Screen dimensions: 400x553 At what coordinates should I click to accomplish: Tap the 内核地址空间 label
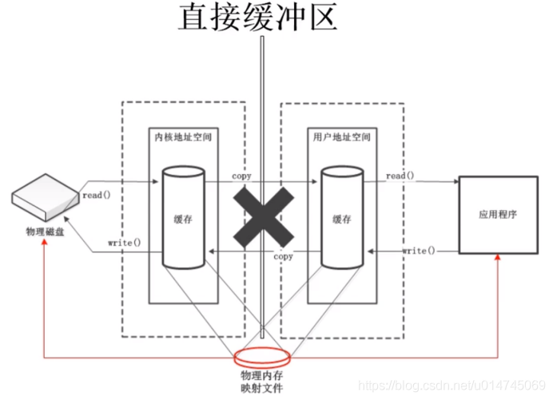pyautogui.click(x=184, y=137)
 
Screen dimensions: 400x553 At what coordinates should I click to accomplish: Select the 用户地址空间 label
pyautogui.click(x=341, y=137)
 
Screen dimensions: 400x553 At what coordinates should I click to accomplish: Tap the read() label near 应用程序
pyautogui.click(x=400, y=176)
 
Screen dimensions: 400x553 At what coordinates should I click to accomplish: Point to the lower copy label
pyautogui.click(x=284, y=257)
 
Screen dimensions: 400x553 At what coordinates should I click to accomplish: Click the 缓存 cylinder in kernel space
pyautogui.click(x=183, y=217)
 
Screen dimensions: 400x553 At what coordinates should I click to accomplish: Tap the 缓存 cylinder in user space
pyautogui.click(x=341, y=217)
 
